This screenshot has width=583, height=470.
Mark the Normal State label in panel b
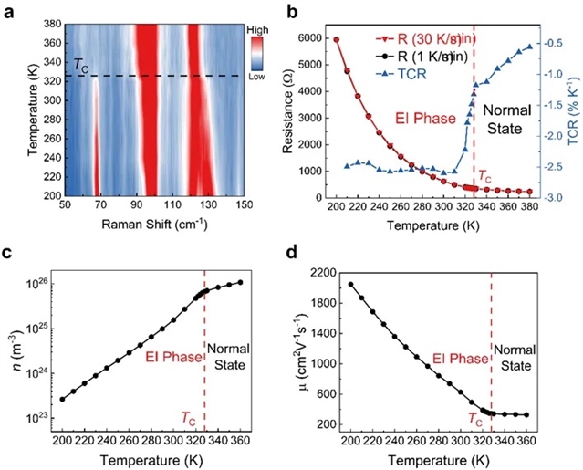coord(507,119)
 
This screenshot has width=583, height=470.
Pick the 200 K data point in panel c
coord(63,399)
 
